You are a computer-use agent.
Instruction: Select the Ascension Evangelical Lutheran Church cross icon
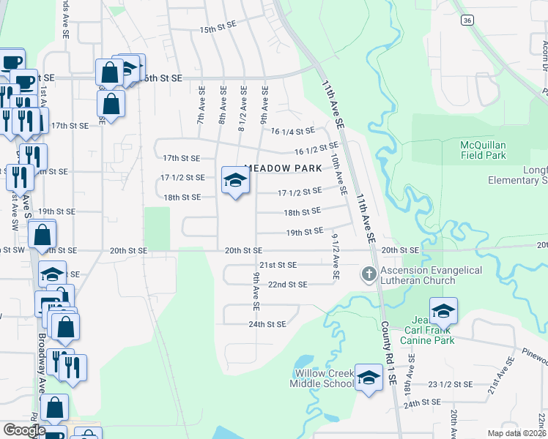pyautogui.click(x=369, y=275)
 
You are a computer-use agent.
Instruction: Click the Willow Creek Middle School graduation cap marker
pyautogui.click(x=369, y=378)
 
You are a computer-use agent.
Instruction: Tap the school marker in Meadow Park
pyautogui.click(x=234, y=180)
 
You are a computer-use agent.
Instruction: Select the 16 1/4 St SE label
pyautogui.click(x=292, y=131)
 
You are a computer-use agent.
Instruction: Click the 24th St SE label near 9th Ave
pyautogui.click(x=267, y=323)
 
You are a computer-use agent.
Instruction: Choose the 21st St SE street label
pyautogui.click(x=278, y=265)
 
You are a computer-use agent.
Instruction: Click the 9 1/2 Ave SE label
pyautogui.click(x=335, y=257)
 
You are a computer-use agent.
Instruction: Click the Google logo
pyautogui.click(x=23, y=430)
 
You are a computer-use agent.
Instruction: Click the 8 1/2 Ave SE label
pyautogui.click(x=242, y=110)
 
